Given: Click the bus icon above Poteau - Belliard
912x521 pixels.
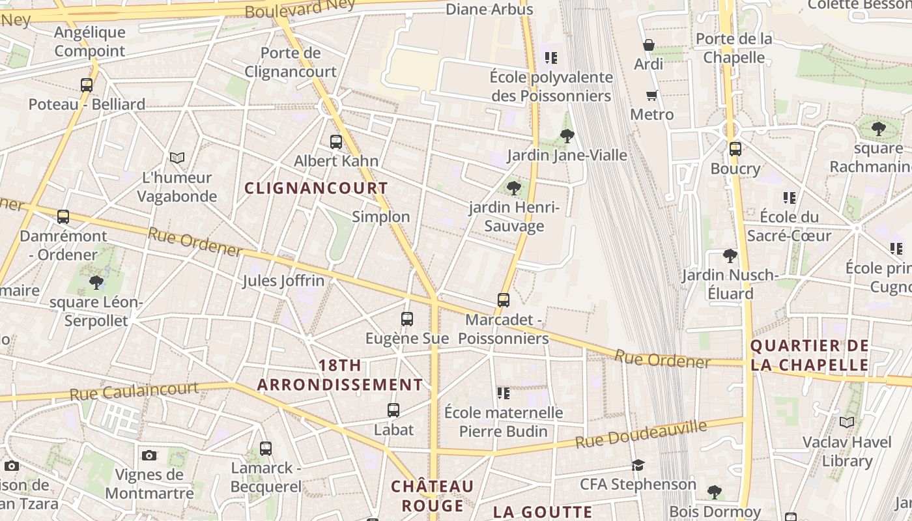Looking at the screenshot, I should tap(87, 85).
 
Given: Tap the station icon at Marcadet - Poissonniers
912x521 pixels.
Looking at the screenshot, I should tap(504, 300).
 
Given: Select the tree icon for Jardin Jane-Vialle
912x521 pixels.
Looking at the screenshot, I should tap(567, 136).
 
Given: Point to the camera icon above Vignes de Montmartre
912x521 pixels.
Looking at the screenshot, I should tap(149, 455).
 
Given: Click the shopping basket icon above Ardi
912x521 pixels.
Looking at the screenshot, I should tap(649, 45).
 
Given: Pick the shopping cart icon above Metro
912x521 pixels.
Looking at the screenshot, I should tap(652, 96).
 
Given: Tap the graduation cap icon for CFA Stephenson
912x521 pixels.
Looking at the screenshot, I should tap(638, 465).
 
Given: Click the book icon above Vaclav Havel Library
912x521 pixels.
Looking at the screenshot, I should tap(847, 423).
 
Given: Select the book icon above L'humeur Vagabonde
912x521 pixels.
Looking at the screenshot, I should tap(177, 158).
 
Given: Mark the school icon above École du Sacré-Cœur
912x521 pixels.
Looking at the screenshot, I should tap(790, 197).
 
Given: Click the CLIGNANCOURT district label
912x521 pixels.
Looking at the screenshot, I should tap(316, 188).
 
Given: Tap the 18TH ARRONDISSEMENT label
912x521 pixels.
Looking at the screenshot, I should tap(340, 375).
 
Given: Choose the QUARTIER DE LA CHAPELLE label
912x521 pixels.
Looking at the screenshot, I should tap(810, 355).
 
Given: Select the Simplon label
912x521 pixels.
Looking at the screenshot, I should tap(381, 217).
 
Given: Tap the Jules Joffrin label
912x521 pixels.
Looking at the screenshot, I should tap(283, 281).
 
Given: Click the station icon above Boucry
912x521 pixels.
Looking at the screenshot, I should tap(735, 149).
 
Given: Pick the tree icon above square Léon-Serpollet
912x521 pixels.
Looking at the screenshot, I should tap(96, 283).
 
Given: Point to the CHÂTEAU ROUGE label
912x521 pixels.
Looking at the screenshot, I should tap(432, 496).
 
